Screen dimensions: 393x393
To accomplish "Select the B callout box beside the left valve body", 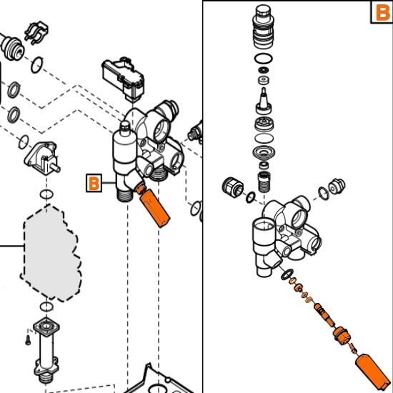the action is [94, 183].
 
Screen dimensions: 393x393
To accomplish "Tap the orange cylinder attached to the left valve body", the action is [153, 206].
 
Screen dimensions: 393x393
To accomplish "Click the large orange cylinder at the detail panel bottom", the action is [373, 372].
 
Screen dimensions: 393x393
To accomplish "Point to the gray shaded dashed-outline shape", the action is [51, 253].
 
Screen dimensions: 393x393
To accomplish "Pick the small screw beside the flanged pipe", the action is [28, 340].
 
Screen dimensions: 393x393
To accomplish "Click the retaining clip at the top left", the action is [36, 33].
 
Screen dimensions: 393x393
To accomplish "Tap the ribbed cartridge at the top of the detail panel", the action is [263, 26].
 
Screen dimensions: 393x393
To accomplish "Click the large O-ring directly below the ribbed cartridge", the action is [264, 59].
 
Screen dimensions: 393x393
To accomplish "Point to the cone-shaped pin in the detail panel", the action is [264, 101].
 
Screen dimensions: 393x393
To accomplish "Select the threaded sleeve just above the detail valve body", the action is [264, 182].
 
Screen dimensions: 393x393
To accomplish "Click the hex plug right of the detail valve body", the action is [337, 186].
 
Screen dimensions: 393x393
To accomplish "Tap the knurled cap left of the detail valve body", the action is [233, 187].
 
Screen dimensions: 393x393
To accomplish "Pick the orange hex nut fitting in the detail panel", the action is [342, 335].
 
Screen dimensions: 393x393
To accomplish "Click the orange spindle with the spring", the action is [324, 315].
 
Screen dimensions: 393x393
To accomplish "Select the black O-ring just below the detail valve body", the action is [287, 274].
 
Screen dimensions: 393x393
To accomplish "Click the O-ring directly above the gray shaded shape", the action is [46, 194].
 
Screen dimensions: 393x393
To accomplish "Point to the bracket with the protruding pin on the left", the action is [43, 157].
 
